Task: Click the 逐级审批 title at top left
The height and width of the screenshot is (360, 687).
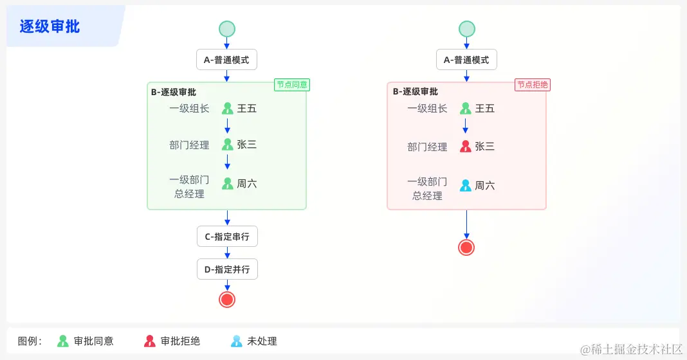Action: pyautogui.click(x=50, y=26)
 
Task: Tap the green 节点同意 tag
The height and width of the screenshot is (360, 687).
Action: pyautogui.click(x=292, y=85)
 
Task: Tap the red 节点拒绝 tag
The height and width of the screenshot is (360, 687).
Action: pyautogui.click(x=533, y=85)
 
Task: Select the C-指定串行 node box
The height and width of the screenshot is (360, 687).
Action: pyautogui.click(x=227, y=237)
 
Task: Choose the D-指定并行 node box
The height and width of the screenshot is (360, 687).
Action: pyautogui.click(x=227, y=269)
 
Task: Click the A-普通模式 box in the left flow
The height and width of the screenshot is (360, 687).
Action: pyautogui.click(x=227, y=60)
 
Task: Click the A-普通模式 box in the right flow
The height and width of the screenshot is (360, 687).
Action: pyautogui.click(x=466, y=60)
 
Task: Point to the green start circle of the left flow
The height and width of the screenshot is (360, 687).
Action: pyautogui.click(x=227, y=29)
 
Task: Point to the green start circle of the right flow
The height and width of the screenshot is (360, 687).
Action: pyautogui.click(x=466, y=29)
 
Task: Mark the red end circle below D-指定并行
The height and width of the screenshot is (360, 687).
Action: pyautogui.click(x=227, y=299)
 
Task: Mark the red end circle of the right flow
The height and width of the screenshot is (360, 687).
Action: pyautogui.click(x=466, y=248)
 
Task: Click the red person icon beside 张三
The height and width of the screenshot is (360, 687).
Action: pyautogui.click(x=466, y=147)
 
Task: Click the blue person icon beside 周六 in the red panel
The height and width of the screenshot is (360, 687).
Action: pyautogui.click(x=466, y=186)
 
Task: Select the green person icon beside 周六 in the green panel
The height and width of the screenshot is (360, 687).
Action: pyautogui.click(x=227, y=184)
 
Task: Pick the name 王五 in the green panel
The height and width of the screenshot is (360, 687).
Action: pyautogui.click(x=247, y=109)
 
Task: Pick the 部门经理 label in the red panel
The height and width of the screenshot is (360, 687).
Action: pyautogui.click(x=427, y=147)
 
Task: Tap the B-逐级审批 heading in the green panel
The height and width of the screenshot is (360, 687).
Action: pyautogui.click(x=174, y=92)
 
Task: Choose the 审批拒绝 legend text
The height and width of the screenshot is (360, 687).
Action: pyautogui.click(x=180, y=341)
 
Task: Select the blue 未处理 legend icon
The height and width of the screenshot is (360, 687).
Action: pyautogui.click(x=237, y=341)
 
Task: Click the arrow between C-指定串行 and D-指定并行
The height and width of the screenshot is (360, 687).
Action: pyautogui.click(x=227, y=253)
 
